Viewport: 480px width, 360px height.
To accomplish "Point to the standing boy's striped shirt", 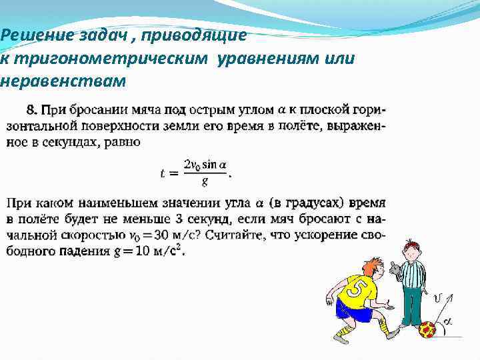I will [x=413, y=273].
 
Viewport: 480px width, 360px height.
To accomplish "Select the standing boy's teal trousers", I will [x=412, y=305].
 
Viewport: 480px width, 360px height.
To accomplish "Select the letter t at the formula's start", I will [x=162, y=173].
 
